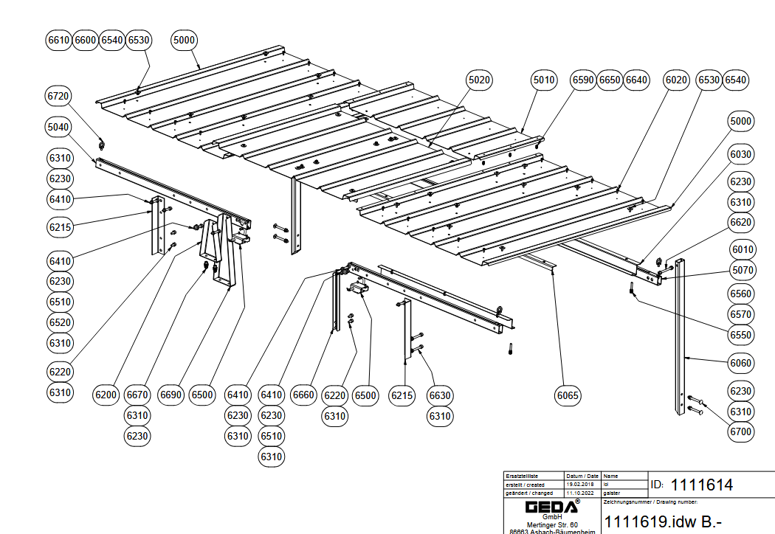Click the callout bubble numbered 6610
click(x=58, y=40)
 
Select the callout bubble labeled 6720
click(x=58, y=97)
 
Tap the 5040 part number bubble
click(x=58, y=128)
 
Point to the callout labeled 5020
click(x=479, y=80)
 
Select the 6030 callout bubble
click(x=741, y=154)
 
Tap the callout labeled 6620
click(x=741, y=222)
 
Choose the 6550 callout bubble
click(x=741, y=335)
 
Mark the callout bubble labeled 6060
click(x=741, y=363)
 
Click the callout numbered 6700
click(x=741, y=431)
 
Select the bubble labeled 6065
click(x=568, y=395)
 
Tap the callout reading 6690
click(x=170, y=395)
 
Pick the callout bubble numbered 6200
click(x=106, y=395)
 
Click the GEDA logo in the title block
click(x=551, y=507)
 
